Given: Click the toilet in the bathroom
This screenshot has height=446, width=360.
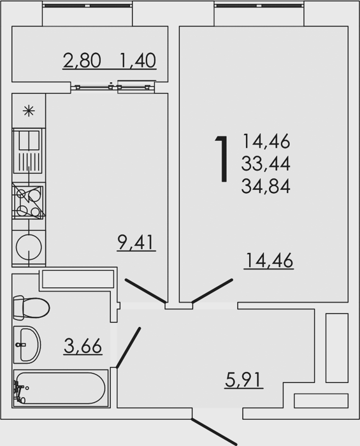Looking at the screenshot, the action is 31,307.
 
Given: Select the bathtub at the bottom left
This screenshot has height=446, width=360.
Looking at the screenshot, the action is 61,388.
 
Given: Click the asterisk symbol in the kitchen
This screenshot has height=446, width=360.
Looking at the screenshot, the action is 29,111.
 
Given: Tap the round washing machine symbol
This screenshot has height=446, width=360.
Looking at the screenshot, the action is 29,247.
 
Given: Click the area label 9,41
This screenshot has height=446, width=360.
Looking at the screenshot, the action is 136,242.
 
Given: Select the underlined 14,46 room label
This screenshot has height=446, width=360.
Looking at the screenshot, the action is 268,260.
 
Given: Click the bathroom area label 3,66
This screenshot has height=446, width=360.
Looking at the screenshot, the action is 83,346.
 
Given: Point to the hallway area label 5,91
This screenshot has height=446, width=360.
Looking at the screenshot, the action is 243,380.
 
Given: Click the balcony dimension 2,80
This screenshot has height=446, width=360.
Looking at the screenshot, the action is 82,61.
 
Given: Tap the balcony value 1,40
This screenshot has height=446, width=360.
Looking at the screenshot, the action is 138,61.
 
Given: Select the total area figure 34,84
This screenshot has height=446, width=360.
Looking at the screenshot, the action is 266,186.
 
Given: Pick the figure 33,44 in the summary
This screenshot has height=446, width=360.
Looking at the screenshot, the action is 266,164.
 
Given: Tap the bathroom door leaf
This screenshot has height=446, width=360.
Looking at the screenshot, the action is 128,348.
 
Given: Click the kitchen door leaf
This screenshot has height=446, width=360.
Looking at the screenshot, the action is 145,291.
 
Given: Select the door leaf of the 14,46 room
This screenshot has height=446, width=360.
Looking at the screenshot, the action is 212,291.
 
